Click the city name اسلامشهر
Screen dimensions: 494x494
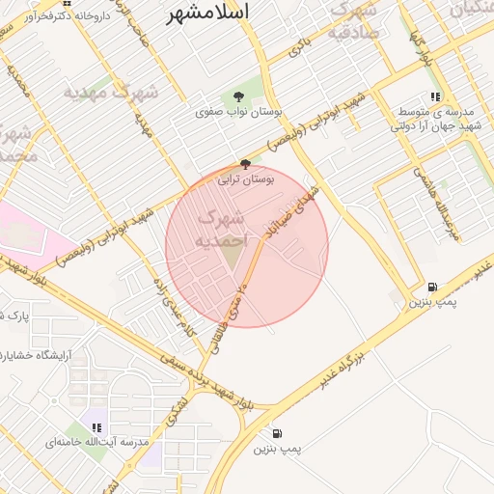click(206, 13)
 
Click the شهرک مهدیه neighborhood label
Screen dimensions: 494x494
click(110, 94)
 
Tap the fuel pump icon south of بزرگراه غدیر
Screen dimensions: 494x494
click(278, 434)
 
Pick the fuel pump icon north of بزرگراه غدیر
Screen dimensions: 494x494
click(431, 287)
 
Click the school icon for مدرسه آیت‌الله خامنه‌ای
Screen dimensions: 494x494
click(96, 426)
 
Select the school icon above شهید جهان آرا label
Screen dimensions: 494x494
click(435, 97)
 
